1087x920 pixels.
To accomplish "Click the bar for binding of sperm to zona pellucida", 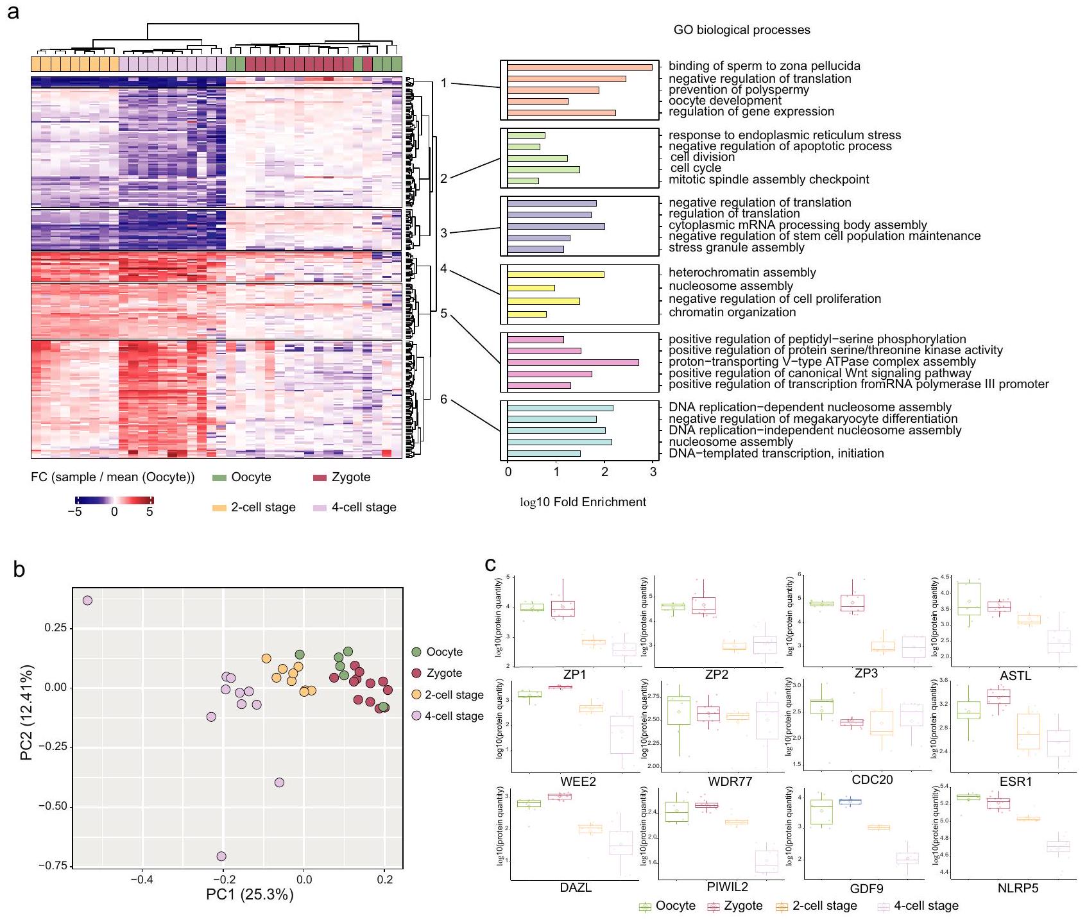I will (579, 67).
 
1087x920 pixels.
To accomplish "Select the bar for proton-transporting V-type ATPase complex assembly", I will (573, 362).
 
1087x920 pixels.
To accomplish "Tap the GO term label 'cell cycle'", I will (696, 168).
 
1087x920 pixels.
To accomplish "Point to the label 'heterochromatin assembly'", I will (742, 273).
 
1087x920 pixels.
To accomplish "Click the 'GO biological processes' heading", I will (741, 30).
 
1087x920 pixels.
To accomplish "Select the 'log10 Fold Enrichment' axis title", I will (582, 502).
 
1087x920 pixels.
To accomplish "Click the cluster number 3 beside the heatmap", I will (443, 233).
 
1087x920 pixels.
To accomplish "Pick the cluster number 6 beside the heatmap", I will (443, 400).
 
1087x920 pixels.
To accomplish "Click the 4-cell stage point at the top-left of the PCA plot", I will (87, 601).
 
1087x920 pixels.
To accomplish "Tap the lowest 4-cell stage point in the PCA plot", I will (221, 856).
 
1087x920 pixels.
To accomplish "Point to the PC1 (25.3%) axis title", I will (250, 894).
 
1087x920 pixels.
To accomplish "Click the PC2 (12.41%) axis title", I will (26, 713).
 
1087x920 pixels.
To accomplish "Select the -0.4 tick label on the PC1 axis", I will (142, 880).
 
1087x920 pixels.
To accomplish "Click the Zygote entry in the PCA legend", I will (444, 673).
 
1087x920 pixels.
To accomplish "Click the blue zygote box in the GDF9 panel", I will (850, 801).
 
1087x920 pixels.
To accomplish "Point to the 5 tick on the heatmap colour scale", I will (150, 512).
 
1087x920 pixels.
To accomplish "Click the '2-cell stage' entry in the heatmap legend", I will (263, 507).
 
